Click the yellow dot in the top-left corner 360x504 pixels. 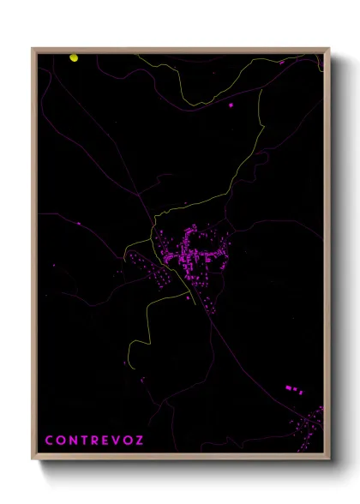coord(74,58)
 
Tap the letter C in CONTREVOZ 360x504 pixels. coord(49,441)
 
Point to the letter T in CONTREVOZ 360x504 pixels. coord(85,441)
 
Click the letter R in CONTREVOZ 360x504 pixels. coord(96,441)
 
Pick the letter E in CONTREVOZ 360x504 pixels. coord(106,441)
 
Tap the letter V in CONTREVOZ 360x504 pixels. coord(117,441)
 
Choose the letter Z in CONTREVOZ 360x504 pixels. coord(141,441)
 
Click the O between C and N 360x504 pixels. coord(61,441)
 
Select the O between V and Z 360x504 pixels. coord(129,441)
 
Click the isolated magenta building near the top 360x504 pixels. coord(231,105)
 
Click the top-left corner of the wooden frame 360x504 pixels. coord(33,48)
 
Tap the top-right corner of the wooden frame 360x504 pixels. coord(330,48)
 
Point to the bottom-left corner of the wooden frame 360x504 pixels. coord(33,459)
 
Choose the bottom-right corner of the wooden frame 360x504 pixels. coord(330,459)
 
